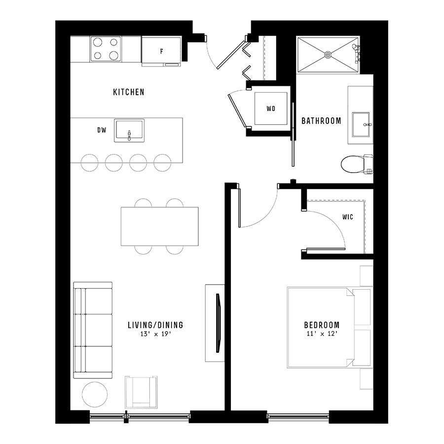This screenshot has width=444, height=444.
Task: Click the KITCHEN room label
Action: (x=129, y=92)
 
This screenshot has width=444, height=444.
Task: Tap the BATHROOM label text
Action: (x=321, y=121)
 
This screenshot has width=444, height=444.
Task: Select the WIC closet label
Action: (x=348, y=217)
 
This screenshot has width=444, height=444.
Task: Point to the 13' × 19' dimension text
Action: (x=156, y=334)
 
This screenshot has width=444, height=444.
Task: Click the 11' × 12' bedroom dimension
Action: (x=322, y=334)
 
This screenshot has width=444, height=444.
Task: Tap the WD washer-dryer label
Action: (x=271, y=109)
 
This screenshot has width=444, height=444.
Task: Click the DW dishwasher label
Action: (x=102, y=130)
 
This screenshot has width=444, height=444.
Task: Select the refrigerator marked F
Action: (x=161, y=51)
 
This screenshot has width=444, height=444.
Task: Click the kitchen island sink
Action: (x=129, y=130)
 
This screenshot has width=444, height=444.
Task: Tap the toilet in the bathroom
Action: (x=357, y=164)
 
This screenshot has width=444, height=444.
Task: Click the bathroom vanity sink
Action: (x=361, y=124)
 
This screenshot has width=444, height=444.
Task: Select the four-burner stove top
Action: (x=106, y=49)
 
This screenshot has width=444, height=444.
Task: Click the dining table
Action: (x=160, y=226)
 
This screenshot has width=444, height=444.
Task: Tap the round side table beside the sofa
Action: (x=95, y=394)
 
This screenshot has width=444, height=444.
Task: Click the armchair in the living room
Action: (x=141, y=392)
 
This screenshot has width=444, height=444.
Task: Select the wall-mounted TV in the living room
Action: (x=218, y=323)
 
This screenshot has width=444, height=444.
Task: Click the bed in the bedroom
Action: (x=321, y=328)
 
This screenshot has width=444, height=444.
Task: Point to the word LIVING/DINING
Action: (x=155, y=325)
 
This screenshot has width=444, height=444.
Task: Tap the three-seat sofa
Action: (x=93, y=330)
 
